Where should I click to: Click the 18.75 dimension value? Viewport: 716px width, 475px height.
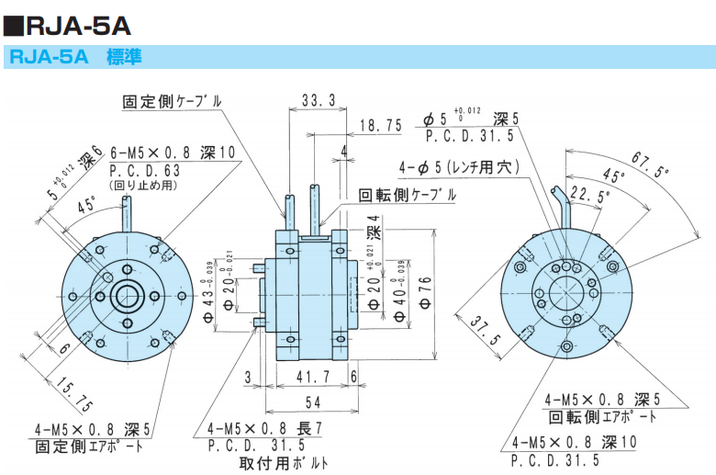380,126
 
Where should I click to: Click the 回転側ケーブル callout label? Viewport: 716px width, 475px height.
406,195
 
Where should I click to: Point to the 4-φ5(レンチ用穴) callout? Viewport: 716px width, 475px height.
460,168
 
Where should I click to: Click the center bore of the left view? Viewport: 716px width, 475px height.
126,296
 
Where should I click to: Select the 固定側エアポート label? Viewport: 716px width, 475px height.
89,447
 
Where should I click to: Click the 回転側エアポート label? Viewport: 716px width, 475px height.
602,416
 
